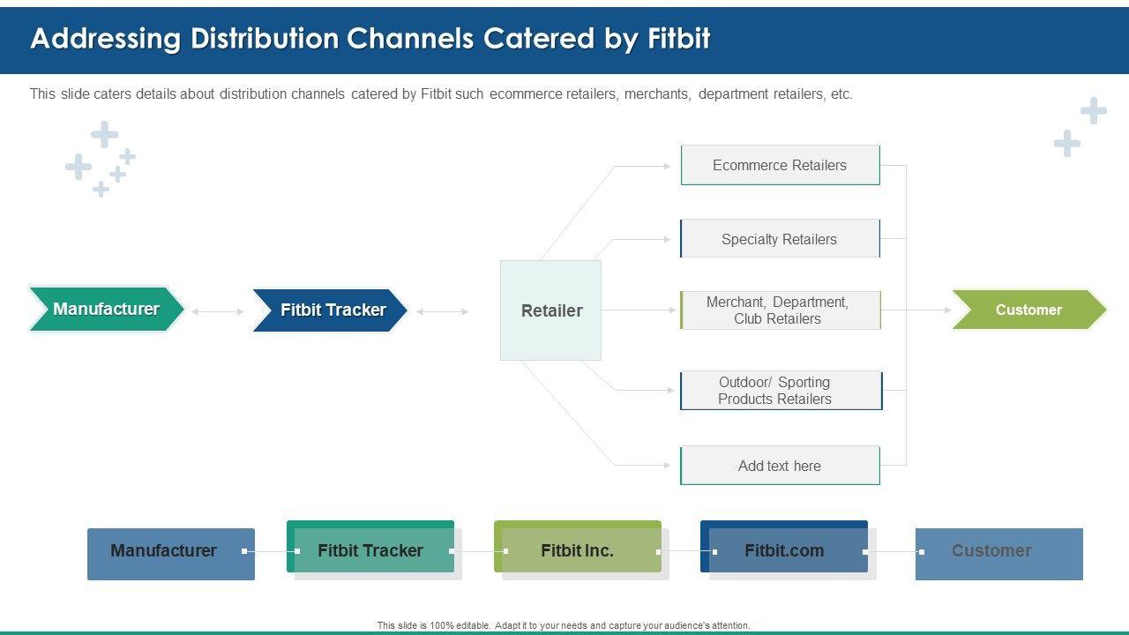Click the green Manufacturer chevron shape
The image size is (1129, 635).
point(107,309)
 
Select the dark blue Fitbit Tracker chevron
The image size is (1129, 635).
point(330,310)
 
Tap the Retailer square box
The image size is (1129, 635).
point(550,310)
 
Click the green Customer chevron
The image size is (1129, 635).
point(1029,310)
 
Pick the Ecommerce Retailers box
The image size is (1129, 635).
point(781,165)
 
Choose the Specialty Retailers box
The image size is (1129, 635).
point(781,238)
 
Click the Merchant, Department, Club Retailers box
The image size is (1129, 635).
point(781,310)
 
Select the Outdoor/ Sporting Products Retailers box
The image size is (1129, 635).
point(781,391)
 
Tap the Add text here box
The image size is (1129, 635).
point(781,465)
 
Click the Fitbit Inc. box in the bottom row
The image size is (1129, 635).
point(578,547)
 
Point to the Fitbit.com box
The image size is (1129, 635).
point(784,547)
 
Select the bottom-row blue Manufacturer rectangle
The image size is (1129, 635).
point(171,554)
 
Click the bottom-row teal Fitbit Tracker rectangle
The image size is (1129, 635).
point(370,547)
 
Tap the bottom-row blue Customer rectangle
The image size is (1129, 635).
point(999,554)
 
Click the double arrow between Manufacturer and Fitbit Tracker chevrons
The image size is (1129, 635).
point(218,312)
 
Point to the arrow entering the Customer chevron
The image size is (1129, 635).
point(916,310)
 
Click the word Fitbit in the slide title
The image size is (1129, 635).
point(679,38)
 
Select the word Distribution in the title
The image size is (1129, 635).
point(265,38)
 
